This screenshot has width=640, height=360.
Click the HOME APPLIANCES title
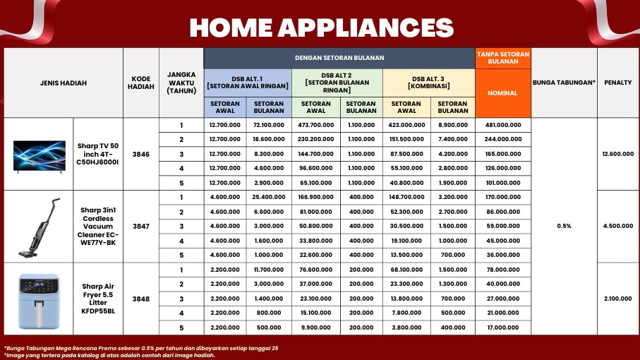pyautogui.click(x=322, y=28)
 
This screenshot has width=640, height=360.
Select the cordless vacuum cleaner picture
pyautogui.click(x=40, y=227)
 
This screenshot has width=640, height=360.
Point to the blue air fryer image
pyautogui.click(x=39, y=301)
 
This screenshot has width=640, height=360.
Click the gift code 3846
pyautogui.click(x=141, y=155)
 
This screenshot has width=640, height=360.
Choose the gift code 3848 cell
pyautogui.click(x=141, y=299)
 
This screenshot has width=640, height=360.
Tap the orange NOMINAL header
pyautogui.click(x=502, y=93)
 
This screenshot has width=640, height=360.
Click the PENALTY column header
pyautogui.click(x=618, y=83)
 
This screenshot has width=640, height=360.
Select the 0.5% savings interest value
pyautogui.click(x=564, y=226)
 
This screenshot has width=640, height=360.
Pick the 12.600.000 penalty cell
pyautogui.click(x=618, y=154)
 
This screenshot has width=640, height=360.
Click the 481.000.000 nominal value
pyautogui.click(x=503, y=125)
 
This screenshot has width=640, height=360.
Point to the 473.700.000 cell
pyautogui.click(x=316, y=125)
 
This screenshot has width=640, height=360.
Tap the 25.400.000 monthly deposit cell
pyautogui.click(x=269, y=197)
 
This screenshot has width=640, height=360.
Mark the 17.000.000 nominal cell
pyautogui.click(x=503, y=328)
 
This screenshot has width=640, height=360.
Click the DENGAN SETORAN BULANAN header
pyautogui.click(x=339, y=58)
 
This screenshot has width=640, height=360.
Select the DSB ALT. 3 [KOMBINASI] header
pyautogui.click(x=428, y=83)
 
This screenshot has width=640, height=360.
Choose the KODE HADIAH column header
pyautogui.click(x=141, y=83)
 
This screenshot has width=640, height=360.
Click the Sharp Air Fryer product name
pyautogui.click(x=98, y=299)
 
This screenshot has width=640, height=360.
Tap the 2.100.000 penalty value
pyautogui.click(x=618, y=299)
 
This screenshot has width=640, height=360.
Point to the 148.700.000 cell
pyautogui.click(x=406, y=197)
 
